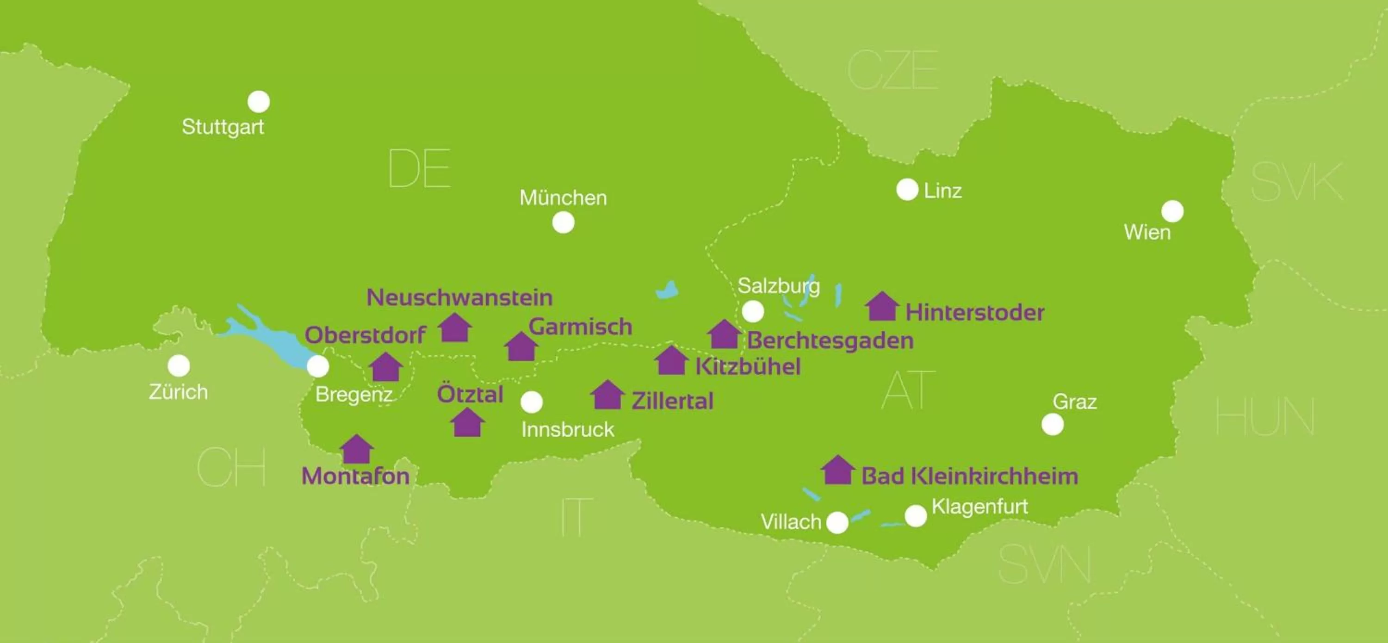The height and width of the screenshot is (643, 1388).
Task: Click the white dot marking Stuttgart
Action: click(259, 101)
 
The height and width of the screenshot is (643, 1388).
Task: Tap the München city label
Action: click(563, 198)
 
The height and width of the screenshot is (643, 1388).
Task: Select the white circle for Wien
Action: click(1172, 211)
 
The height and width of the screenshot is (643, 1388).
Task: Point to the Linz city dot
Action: click(907, 190)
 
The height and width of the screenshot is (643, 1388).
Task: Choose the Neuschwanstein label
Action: click(459, 297)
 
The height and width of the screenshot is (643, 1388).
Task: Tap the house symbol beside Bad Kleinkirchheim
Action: click(838, 470)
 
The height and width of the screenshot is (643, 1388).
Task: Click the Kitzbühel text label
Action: click(748, 366)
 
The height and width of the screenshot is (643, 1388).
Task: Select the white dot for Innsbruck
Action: click(532, 402)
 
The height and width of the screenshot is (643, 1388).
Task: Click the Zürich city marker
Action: click(179, 365)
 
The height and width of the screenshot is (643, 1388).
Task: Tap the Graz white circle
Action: click(1052, 424)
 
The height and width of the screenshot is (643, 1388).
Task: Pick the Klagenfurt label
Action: click(979, 506)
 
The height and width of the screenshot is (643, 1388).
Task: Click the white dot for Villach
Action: click(837, 522)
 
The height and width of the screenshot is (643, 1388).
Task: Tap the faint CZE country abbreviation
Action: click(893, 70)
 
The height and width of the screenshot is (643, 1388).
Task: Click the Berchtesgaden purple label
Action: click(830, 340)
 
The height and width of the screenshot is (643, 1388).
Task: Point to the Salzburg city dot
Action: click(753, 311)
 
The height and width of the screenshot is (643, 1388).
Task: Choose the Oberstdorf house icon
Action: click(386, 367)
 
